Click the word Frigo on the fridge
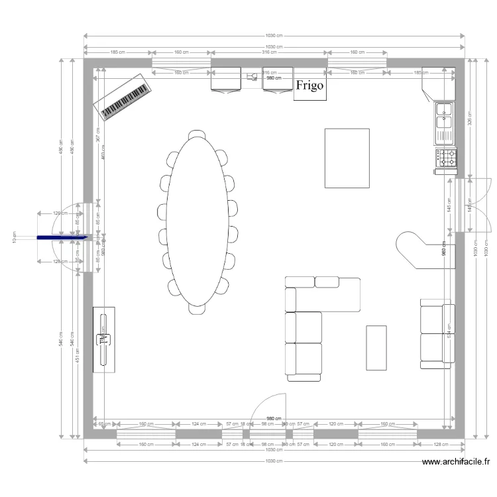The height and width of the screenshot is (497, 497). (309, 85)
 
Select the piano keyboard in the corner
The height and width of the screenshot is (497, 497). (123, 97)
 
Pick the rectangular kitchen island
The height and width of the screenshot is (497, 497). (347, 158)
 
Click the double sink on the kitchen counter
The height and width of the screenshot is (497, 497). (444, 115)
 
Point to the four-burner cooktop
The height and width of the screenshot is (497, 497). (445, 158)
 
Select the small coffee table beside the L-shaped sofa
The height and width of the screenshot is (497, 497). (376, 347)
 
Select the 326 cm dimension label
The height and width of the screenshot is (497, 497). (470, 118)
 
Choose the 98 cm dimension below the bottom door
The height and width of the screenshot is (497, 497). (267, 445)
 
